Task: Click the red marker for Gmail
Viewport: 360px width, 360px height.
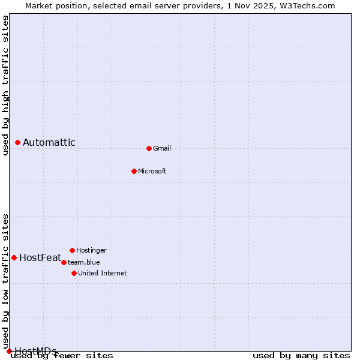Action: coord(149,148)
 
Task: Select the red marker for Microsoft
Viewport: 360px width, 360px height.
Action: coord(134,171)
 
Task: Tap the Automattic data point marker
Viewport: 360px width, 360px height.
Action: coord(18,142)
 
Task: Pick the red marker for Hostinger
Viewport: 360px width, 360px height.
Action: coord(72,250)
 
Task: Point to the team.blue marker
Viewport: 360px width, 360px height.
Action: coord(64,262)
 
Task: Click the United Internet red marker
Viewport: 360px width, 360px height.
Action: coord(74,273)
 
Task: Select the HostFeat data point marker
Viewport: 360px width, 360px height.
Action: coord(14,257)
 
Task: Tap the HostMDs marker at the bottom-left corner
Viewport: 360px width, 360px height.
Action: coord(9,351)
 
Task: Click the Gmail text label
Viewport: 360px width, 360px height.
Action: coord(162,148)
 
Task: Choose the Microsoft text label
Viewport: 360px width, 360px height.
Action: coord(152,171)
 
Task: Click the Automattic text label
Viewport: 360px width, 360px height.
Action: coord(49,142)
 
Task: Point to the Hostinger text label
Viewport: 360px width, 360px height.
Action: coord(91,250)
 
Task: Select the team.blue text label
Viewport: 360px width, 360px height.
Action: coord(84,262)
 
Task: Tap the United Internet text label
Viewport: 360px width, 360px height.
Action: coord(103,273)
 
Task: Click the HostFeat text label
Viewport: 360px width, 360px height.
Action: coord(40,258)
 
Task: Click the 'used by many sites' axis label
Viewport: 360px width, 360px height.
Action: coord(301,356)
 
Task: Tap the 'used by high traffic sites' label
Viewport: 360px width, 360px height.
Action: coord(6,85)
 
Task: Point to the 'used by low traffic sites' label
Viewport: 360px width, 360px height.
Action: coord(6,281)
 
